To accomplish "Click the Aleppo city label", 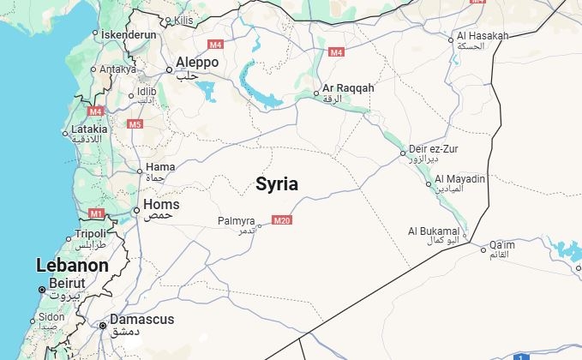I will (x=197, y=63).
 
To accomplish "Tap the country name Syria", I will (x=277, y=183).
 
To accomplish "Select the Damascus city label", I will (x=141, y=320).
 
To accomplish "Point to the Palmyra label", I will (x=237, y=221).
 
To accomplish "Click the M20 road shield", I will (x=282, y=221).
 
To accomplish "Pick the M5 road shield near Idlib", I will (x=135, y=124).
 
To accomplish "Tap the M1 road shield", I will (x=96, y=213).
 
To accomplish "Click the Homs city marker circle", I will (x=136, y=210).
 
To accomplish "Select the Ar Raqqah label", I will (x=348, y=88).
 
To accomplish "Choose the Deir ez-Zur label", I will (x=434, y=149).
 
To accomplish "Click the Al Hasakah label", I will (x=483, y=35).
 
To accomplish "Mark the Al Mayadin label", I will (x=460, y=179).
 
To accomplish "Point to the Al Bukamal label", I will (x=434, y=231).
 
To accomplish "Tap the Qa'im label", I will (x=502, y=244).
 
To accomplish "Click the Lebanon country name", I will (x=72, y=266).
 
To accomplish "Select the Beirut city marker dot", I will (x=40, y=290).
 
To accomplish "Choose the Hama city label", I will (x=160, y=166).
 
